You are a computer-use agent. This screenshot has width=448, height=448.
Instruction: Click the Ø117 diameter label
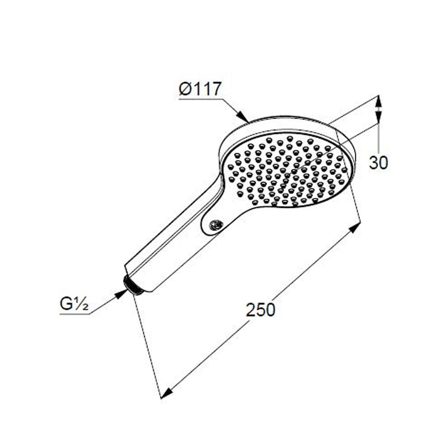coord(200,89)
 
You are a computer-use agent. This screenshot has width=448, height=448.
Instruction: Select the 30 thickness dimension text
coord(379,163)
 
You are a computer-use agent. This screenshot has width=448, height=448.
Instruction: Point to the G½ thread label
coord(74,305)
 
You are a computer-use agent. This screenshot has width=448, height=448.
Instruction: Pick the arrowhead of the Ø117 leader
coord(243,117)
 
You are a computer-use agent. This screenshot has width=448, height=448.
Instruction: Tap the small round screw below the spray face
coord(215,225)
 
